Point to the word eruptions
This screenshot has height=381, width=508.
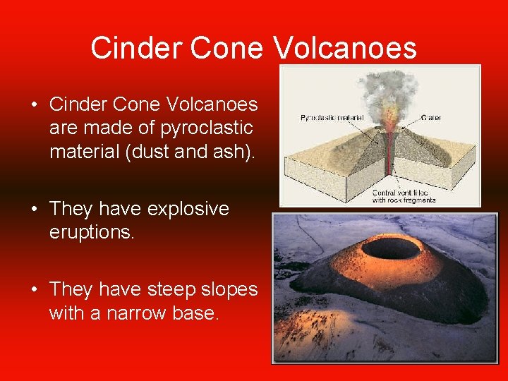coord(91,232)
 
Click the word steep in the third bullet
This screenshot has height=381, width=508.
coord(169,289)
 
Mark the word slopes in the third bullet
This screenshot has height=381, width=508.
coord(225,289)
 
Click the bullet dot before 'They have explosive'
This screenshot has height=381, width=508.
coord(34,210)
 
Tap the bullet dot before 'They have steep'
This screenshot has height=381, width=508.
coord(34,290)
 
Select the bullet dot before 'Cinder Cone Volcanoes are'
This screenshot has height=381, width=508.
coord(34,105)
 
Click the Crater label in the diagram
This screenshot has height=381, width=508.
coord(431,118)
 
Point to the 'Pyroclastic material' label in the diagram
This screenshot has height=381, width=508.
coord(327,118)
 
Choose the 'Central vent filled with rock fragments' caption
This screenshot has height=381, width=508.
coord(404,196)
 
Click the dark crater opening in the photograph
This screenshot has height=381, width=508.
coord(390,248)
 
